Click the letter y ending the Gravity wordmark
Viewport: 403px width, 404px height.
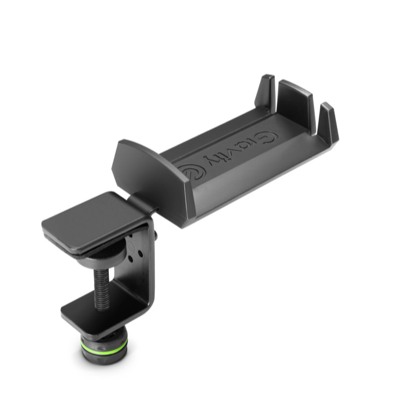211,160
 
